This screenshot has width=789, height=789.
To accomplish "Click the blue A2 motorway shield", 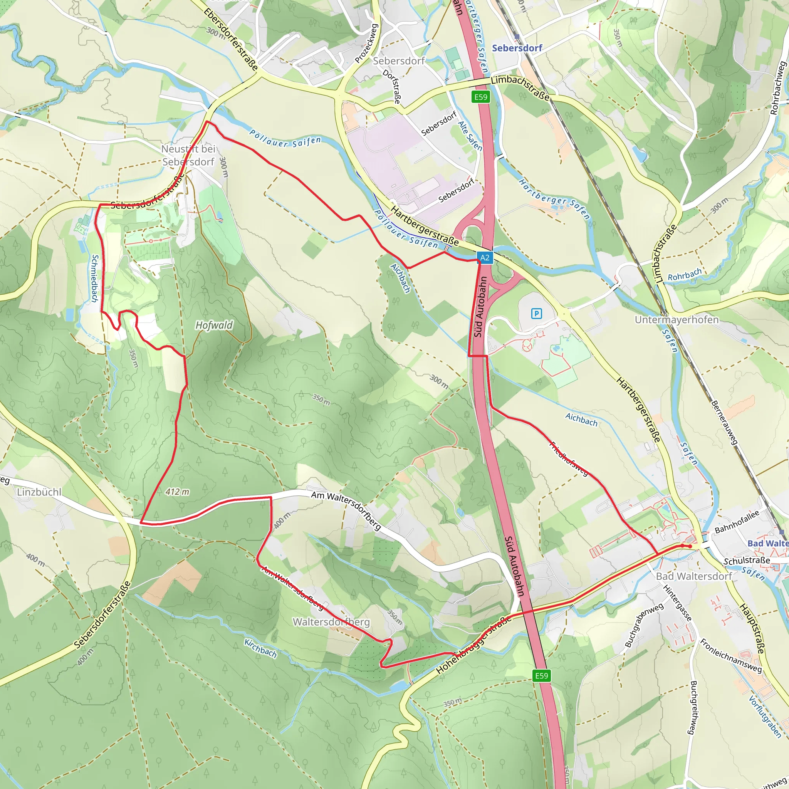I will (484, 258).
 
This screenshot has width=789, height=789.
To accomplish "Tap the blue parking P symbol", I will (536, 313).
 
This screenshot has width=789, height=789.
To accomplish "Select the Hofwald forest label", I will (214, 325).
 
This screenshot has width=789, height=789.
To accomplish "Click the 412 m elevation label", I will (177, 492).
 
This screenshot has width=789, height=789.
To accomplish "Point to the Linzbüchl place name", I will (39, 492).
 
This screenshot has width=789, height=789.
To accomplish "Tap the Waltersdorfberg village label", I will (331, 622).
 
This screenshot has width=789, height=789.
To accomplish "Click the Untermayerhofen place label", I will (676, 319).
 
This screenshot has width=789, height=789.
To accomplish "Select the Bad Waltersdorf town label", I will (694, 576).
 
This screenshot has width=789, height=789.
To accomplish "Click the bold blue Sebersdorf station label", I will (517, 48).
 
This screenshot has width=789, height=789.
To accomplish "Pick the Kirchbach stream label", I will (260, 648).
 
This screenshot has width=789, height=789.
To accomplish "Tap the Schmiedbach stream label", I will (94, 279).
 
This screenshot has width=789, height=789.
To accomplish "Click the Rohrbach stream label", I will (685, 275).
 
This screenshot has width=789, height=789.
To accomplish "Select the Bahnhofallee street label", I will (736, 522).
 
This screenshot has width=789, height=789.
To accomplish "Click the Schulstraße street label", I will (747, 561).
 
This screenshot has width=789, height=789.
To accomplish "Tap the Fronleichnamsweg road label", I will (730, 656).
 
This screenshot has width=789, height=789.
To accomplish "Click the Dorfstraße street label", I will (392, 86).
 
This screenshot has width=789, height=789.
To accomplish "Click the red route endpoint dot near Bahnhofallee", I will (690, 546).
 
